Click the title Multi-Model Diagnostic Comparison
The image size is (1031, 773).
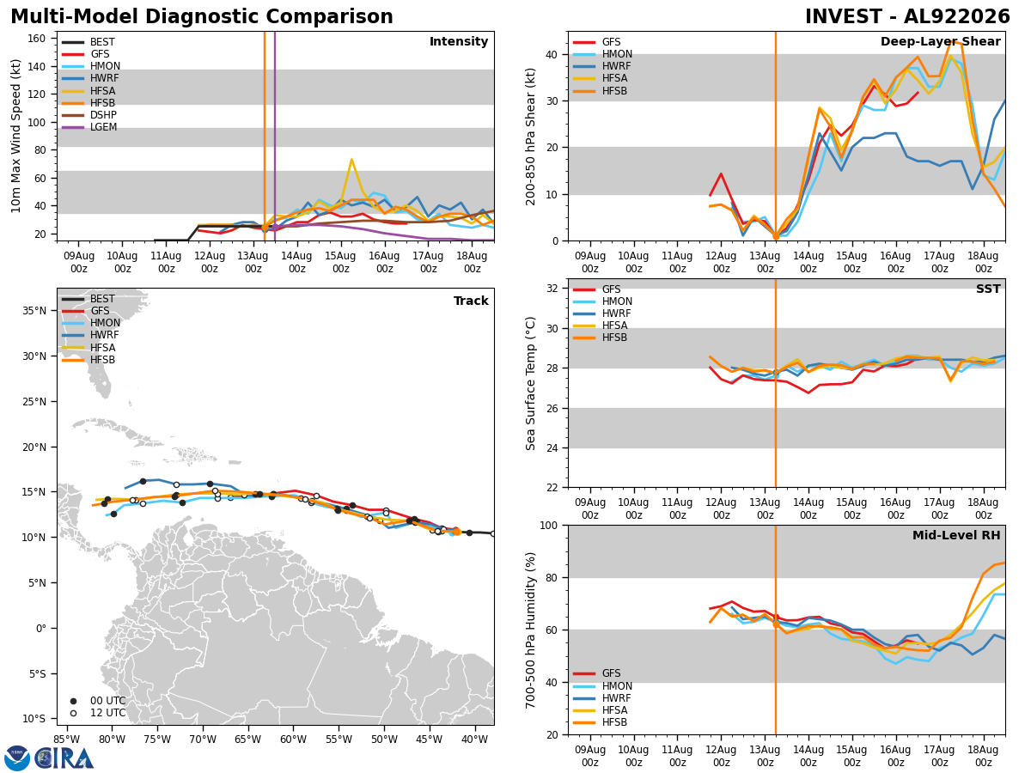pyautogui.click(x=202, y=16)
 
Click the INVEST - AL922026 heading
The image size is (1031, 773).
pyautogui.click(x=907, y=16)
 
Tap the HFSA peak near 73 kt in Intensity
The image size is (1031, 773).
pyautogui.click(x=351, y=160)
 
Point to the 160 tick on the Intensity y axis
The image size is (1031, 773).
pyautogui.click(x=37, y=39)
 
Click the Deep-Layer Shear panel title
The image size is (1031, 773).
pyautogui.click(x=940, y=41)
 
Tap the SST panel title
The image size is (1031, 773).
pyautogui.click(x=988, y=289)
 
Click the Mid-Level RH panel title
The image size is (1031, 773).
pyautogui.click(x=956, y=535)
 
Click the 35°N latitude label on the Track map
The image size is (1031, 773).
pyautogui.click(x=34, y=311)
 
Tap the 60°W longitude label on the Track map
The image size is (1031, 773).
pyautogui.click(x=293, y=740)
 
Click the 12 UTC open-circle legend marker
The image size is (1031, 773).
pyautogui.click(x=73, y=714)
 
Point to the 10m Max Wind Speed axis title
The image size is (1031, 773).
pyautogui.click(x=15, y=136)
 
